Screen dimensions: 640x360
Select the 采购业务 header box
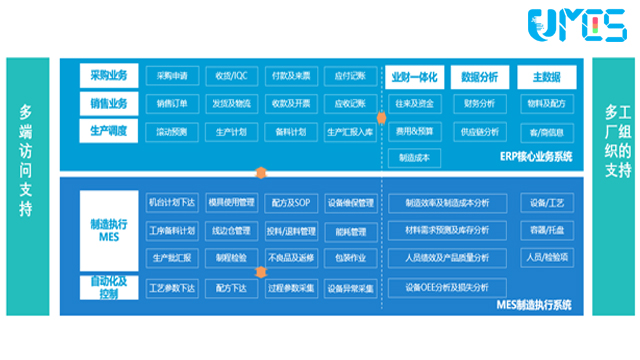(x=110, y=75)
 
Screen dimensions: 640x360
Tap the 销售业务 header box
(x=110, y=103)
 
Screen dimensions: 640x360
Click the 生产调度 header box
(x=110, y=130)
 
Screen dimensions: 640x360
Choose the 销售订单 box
(x=173, y=103)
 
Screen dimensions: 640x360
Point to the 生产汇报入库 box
(x=350, y=131)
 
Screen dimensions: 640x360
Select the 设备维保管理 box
(x=350, y=202)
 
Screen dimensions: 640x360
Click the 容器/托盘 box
(x=547, y=230)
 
